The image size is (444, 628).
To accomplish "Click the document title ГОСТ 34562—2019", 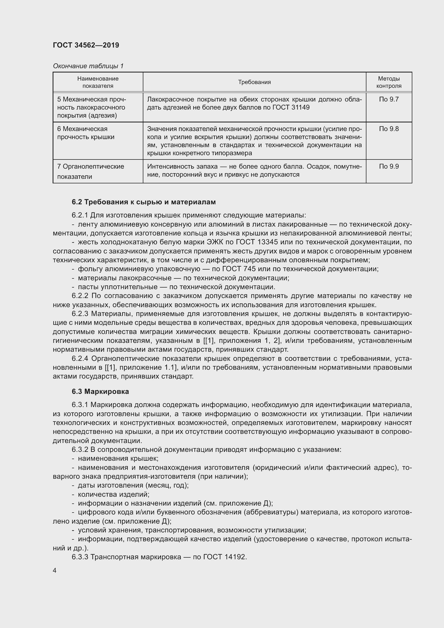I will point(86,45).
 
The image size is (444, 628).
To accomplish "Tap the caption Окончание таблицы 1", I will point(88,66).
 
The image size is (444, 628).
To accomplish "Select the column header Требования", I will point(254,82).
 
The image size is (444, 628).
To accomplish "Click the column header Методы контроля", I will point(388,82).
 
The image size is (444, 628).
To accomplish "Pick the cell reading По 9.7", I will point(388,99).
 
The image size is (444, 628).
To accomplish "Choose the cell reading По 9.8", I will point(388,129).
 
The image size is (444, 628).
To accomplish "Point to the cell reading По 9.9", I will point(388,166).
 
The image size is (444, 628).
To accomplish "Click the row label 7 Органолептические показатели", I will point(90,171).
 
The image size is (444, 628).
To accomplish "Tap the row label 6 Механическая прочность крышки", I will point(86,133).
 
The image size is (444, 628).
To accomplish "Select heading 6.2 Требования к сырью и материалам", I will point(144,202).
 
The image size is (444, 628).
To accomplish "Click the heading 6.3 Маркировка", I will point(100,391).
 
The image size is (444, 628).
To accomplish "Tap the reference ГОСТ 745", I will point(239,269).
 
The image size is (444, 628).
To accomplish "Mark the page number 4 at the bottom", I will point(55,570).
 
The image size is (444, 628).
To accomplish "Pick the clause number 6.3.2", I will point(80,449).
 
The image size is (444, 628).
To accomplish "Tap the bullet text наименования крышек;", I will point(118,458).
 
